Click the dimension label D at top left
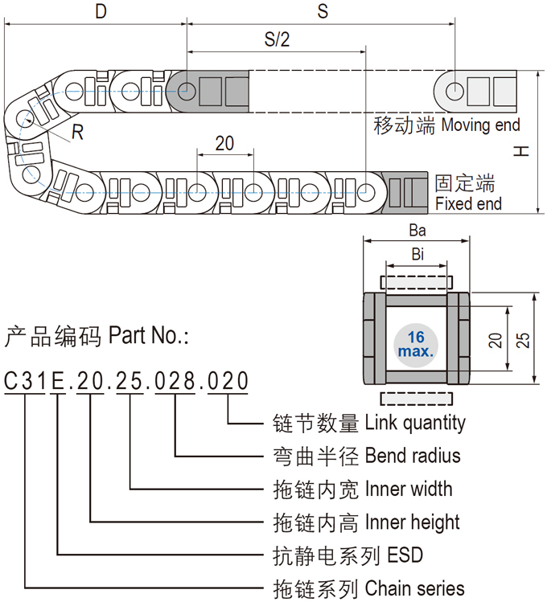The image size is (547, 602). point(101,11)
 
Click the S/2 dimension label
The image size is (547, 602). point(276,40)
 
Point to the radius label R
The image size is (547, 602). point(77,133)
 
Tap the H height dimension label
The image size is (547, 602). point(522,150)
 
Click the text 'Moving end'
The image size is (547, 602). point(480,125)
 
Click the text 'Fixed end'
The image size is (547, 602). point(468,204)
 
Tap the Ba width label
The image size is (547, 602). point(417,231)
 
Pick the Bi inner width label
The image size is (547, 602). point(417,256)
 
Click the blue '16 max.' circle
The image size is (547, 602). point(416,344)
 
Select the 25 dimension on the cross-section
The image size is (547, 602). point(524,340)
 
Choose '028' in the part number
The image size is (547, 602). point(176,380)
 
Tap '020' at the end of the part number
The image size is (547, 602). point(228,380)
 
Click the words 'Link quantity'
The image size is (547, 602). point(415,422)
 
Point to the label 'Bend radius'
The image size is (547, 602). point(413,456)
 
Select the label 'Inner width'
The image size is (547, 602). point(408,489)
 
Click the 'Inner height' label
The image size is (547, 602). point(412,522)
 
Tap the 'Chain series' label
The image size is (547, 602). point(414,588)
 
